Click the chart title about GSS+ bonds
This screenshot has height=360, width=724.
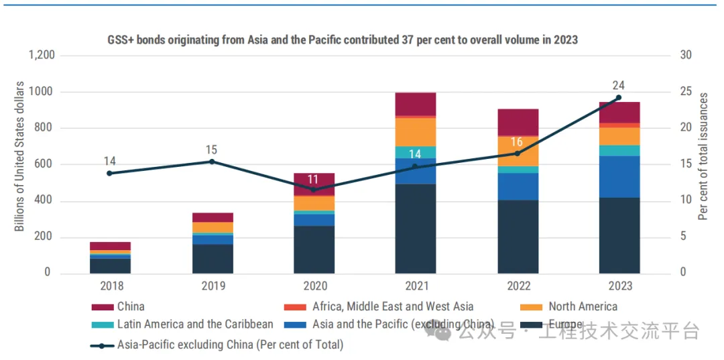click(343, 40)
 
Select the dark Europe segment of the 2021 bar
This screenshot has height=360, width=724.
click(415, 228)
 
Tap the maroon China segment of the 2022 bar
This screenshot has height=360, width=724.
click(518, 122)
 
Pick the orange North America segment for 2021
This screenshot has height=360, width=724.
click(415, 131)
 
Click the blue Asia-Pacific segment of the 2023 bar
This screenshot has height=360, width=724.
click(619, 176)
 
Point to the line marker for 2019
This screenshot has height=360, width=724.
click(212, 162)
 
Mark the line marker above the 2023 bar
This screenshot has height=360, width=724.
click(619, 98)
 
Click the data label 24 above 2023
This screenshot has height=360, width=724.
click(619, 85)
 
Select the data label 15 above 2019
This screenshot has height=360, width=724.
click(212, 149)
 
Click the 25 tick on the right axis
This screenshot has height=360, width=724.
click(686, 91)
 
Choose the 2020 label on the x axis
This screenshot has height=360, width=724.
click(314, 286)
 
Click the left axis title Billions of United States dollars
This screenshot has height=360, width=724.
click(19, 156)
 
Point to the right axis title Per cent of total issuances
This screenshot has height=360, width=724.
click(703, 156)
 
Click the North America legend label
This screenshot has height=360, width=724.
click(583, 307)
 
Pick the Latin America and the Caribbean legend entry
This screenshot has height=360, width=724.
click(195, 324)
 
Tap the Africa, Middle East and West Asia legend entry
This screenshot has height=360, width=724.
click(393, 307)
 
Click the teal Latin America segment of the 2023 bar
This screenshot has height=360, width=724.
click(619, 150)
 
